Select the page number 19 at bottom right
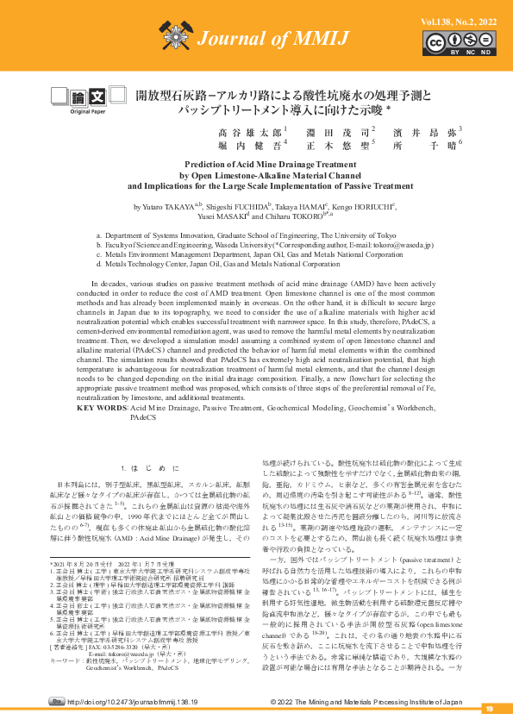click(488, 709)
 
